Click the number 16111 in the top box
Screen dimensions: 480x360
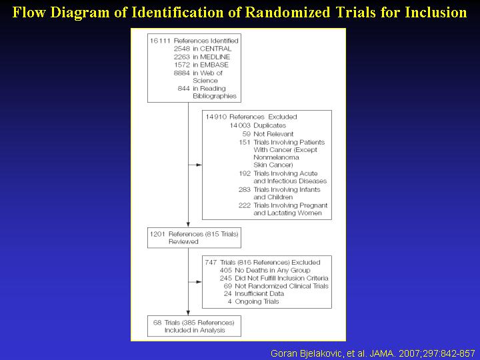point(160,41)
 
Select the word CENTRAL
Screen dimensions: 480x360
point(215,49)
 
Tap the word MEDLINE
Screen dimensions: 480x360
point(215,57)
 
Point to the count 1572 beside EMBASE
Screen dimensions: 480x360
point(182,65)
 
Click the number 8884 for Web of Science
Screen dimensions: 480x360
point(182,73)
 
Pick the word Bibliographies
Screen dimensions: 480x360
point(215,96)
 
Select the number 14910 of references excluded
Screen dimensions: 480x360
point(216,117)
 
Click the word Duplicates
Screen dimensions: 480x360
point(270,125)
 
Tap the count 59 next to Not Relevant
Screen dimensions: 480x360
point(247,134)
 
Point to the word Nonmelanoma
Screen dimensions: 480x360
point(276,157)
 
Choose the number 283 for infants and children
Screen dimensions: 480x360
point(245,190)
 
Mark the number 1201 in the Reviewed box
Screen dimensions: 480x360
point(157,234)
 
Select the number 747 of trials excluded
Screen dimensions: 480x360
point(211,263)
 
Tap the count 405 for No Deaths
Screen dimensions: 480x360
point(225,270)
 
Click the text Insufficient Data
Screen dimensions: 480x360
point(259,293)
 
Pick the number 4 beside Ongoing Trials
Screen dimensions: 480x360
point(229,301)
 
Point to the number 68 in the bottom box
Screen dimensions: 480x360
point(157,323)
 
